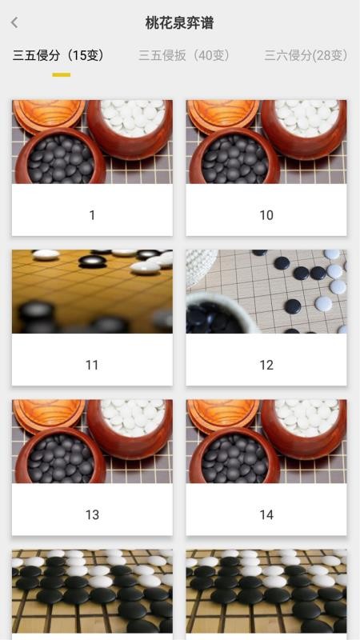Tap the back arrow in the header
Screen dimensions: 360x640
pos(14,22)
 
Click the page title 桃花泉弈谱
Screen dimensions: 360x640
pos(179,23)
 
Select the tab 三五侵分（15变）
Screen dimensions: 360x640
pos(58,55)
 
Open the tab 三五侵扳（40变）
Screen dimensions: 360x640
pos(185,55)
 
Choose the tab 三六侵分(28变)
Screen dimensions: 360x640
pos(306,55)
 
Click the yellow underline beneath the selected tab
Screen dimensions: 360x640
pos(62,74)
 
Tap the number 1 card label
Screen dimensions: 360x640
pos(92,215)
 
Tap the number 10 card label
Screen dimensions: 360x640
pos(266,215)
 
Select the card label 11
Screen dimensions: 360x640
pos(92,365)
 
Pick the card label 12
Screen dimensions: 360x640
pos(266,365)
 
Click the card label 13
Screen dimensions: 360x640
pos(92,514)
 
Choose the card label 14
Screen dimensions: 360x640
pos(266,514)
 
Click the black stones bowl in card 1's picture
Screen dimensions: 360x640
pos(61,157)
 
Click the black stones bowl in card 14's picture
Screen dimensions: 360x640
pos(234,456)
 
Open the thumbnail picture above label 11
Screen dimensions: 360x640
pos(92,291)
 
